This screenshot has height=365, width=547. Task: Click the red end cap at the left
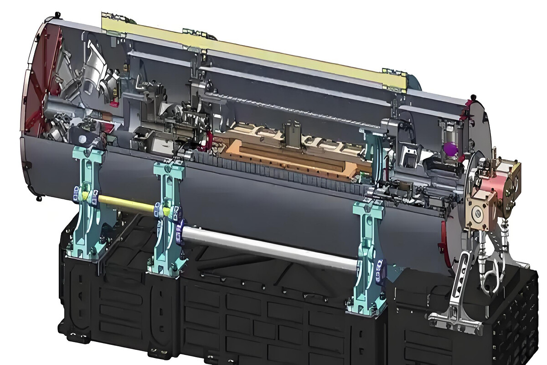coord(39,78)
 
